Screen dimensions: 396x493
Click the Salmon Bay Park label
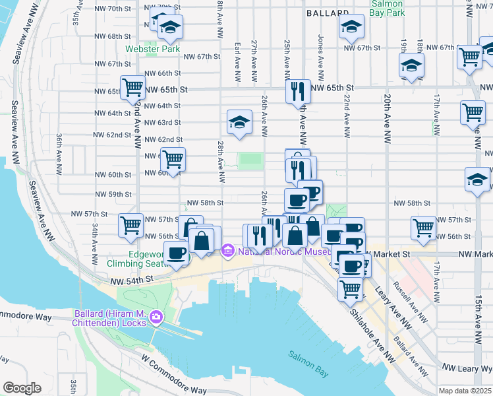click(387, 7)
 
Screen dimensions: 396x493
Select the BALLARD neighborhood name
click(328, 13)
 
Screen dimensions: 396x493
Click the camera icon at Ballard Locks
click(155, 317)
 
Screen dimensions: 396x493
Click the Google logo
click(22, 388)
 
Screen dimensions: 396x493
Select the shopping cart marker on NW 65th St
click(133, 86)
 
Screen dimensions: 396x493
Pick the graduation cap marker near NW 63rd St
click(239, 121)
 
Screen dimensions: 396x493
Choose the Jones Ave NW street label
click(321, 49)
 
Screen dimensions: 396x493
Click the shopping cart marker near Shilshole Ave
click(351, 288)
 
